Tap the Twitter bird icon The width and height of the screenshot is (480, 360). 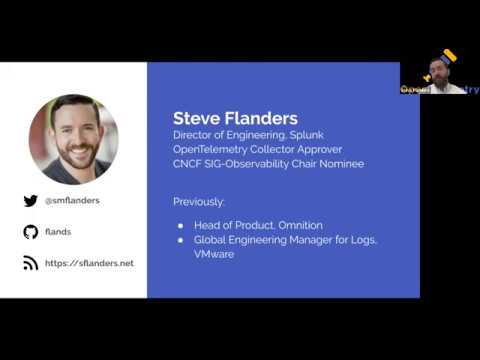point(31,201)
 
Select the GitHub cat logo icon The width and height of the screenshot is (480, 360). point(31,232)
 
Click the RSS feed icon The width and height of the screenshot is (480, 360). point(31,263)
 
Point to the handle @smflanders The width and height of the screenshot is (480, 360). point(72,201)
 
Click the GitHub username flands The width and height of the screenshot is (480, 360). point(58,232)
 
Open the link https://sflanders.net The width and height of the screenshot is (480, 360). point(90,263)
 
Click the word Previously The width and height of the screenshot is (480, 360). point(199,201)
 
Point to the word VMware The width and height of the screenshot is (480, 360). point(214,255)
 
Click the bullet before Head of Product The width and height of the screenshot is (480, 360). point(180,226)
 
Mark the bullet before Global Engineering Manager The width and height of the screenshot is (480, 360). point(180,241)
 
